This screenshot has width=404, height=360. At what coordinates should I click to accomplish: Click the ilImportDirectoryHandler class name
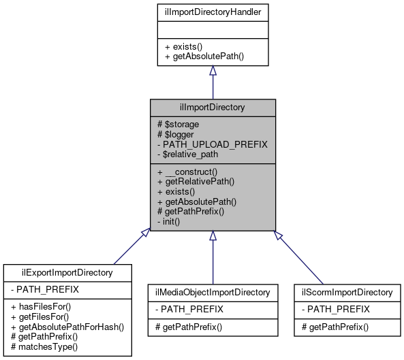pyautogui.click(x=213, y=12)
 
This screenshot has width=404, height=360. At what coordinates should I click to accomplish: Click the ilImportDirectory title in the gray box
pyautogui.click(x=213, y=107)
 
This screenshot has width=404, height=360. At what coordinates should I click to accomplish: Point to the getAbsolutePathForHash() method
pyautogui.click(x=67, y=327)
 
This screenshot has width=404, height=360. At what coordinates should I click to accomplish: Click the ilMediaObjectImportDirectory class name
pyautogui.click(x=213, y=293)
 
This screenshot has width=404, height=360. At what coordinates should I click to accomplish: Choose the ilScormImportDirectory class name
pyautogui.click(x=347, y=293)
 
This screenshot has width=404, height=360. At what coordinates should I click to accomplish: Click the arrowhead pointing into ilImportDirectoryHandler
pyautogui.click(x=213, y=71)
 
